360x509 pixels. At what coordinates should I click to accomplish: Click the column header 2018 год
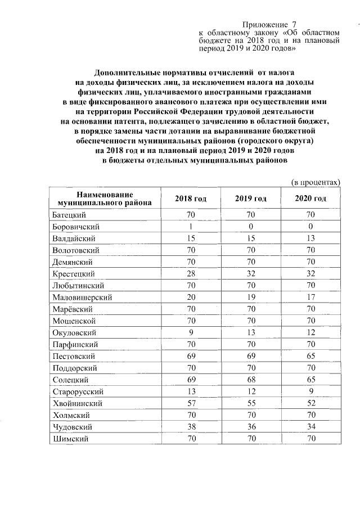tap(191, 199)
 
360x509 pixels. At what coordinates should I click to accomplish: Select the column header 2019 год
tap(251, 199)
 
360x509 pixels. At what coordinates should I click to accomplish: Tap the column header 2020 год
tap(310, 199)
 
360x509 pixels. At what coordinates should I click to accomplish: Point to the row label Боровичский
tap(75, 227)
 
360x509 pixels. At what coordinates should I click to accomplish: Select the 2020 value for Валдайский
tap(310, 238)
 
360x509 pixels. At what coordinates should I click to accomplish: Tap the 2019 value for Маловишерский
tap(251, 297)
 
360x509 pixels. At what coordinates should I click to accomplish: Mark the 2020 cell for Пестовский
tap(310, 356)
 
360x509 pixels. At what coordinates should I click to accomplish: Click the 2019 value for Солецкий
tap(251, 380)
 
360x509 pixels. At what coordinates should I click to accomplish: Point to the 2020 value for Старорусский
tap(310, 391)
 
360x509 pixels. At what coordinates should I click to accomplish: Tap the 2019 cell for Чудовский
tap(251, 427)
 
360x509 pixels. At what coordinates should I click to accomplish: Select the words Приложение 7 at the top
tap(269, 25)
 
